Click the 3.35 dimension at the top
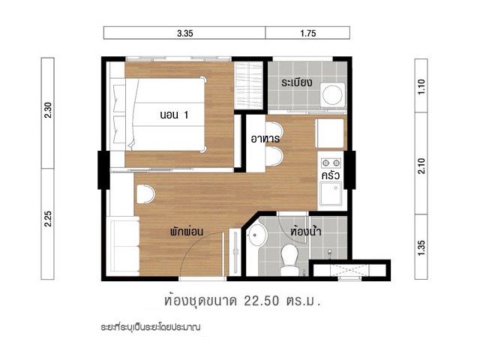point(185,33)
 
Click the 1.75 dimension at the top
point(308,33)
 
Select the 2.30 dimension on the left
point(48,110)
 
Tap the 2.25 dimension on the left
point(48,218)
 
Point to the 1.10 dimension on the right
point(421,87)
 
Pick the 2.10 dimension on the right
point(421,166)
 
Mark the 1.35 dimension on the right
point(421,247)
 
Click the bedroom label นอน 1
point(174,115)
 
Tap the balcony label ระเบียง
point(297,82)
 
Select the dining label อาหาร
point(265,138)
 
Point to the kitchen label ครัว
point(331,175)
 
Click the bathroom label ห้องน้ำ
point(306,230)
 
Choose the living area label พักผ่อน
point(187,231)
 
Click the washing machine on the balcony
point(333,95)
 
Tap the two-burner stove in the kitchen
point(331,163)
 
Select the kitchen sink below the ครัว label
point(331,193)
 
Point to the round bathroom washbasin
point(257,235)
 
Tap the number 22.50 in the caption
point(262,301)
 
